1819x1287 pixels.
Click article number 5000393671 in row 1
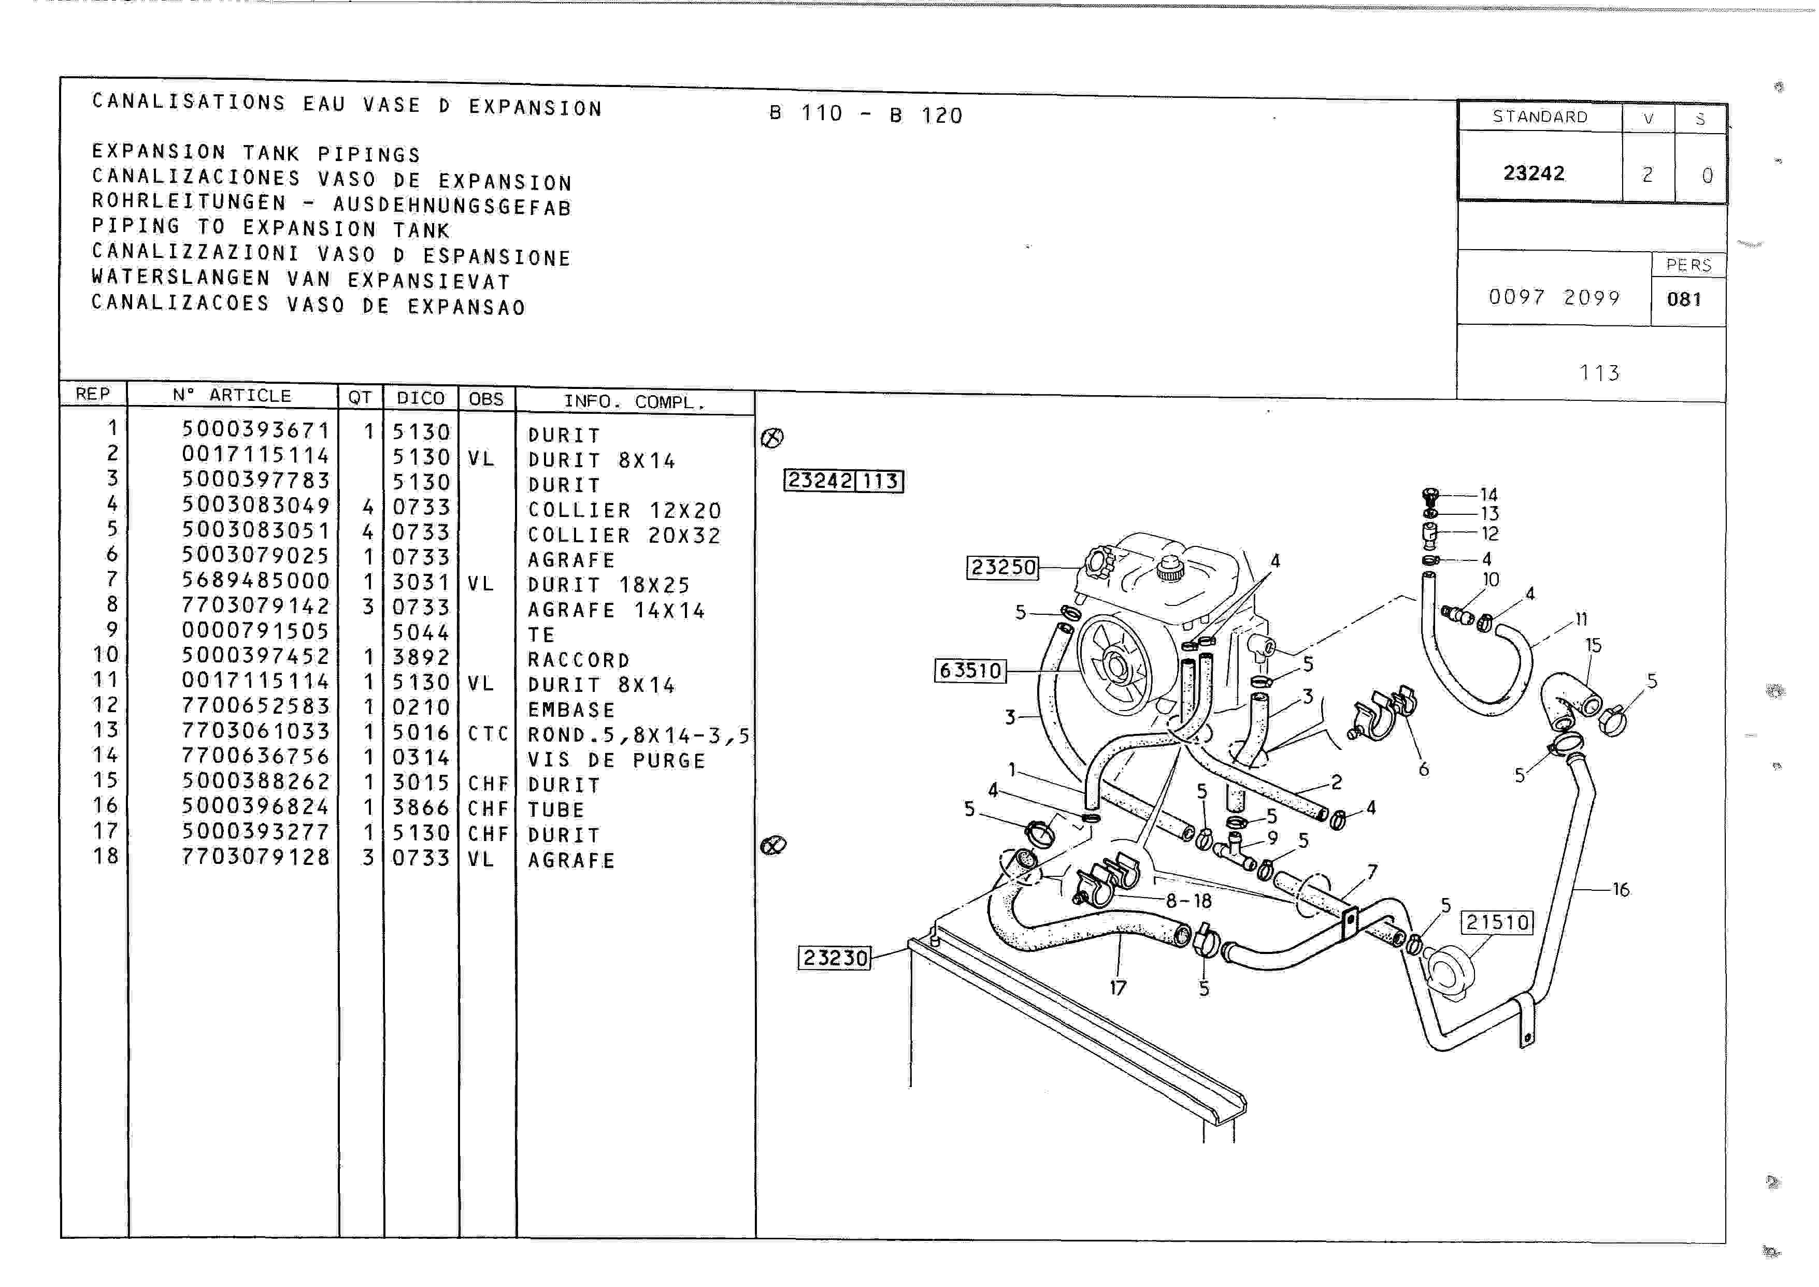tap(255, 429)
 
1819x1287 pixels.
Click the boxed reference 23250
tap(1002, 568)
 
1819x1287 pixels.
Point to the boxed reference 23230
tap(835, 957)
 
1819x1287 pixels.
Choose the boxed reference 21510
tap(1497, 922)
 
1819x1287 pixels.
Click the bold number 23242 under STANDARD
tap(1534, 173)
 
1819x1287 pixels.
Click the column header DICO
tap(421, 398)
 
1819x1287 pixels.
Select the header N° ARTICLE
tap(232, 396)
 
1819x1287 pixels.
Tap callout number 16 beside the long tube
tap(1621, 890)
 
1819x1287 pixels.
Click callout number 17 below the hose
tap(1118, 988)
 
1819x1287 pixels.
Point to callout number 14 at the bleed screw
tap(1488, 495)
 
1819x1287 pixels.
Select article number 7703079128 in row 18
tap(255, 857)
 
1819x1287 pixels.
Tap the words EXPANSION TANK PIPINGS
tap(256, 152)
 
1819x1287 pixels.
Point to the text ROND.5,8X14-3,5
tap(638, 735)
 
